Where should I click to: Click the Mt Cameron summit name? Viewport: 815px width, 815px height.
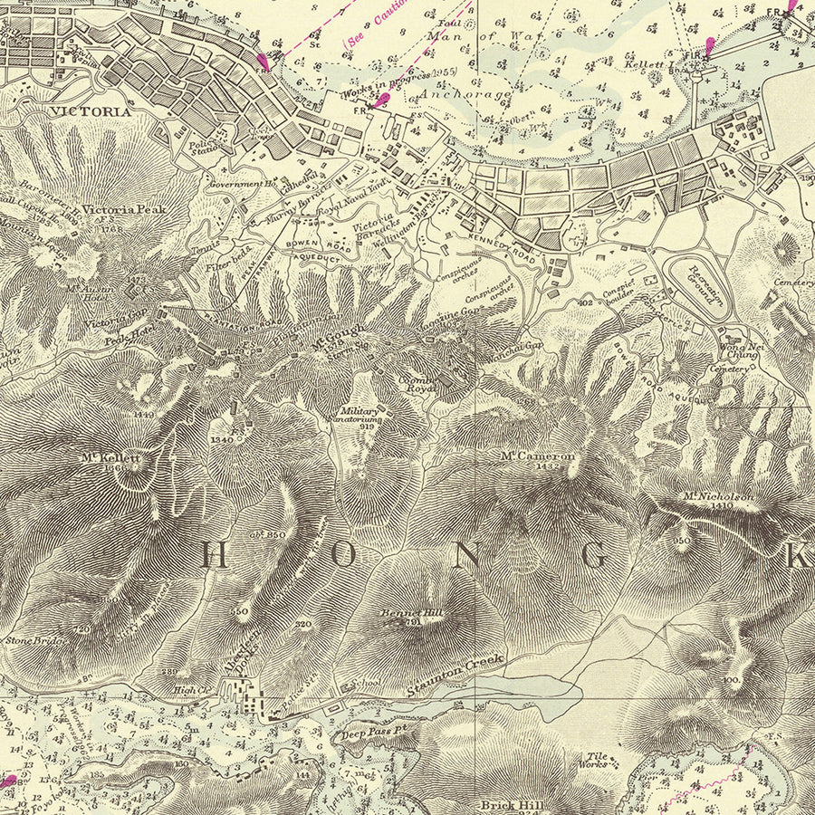[x=538, y=456]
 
